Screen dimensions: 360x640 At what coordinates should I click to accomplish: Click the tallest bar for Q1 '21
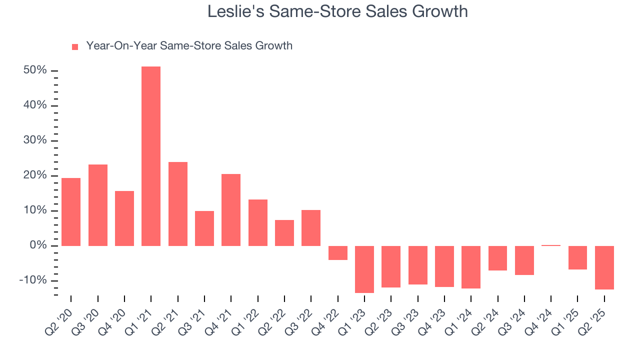[x=151, y=156]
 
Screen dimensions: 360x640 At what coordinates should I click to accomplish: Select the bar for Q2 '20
[x=71, y=212]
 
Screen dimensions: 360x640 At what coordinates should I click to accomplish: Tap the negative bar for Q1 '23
[x=364, y=269]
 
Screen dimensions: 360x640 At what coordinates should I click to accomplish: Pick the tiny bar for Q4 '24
[x=551, y=245]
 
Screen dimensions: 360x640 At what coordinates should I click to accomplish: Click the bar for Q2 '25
[x=604, y=267]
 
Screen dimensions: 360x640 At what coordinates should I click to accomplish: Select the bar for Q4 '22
[x=338, y=253]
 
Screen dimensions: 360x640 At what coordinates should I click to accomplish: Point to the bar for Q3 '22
[x=311, y=228]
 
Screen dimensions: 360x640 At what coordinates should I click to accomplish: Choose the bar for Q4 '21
[x=231, y=210]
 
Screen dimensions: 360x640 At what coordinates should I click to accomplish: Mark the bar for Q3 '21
[x=204, y=228]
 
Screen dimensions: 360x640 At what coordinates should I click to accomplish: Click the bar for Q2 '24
[x=498, y=258]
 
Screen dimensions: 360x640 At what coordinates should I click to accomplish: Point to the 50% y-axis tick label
[x=35, y=70]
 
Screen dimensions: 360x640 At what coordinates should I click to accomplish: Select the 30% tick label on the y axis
[x=35, y=140]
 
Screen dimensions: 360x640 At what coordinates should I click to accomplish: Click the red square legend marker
[x=75, y=46]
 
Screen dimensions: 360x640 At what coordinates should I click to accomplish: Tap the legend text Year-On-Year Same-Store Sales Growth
[x=189, y=46]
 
